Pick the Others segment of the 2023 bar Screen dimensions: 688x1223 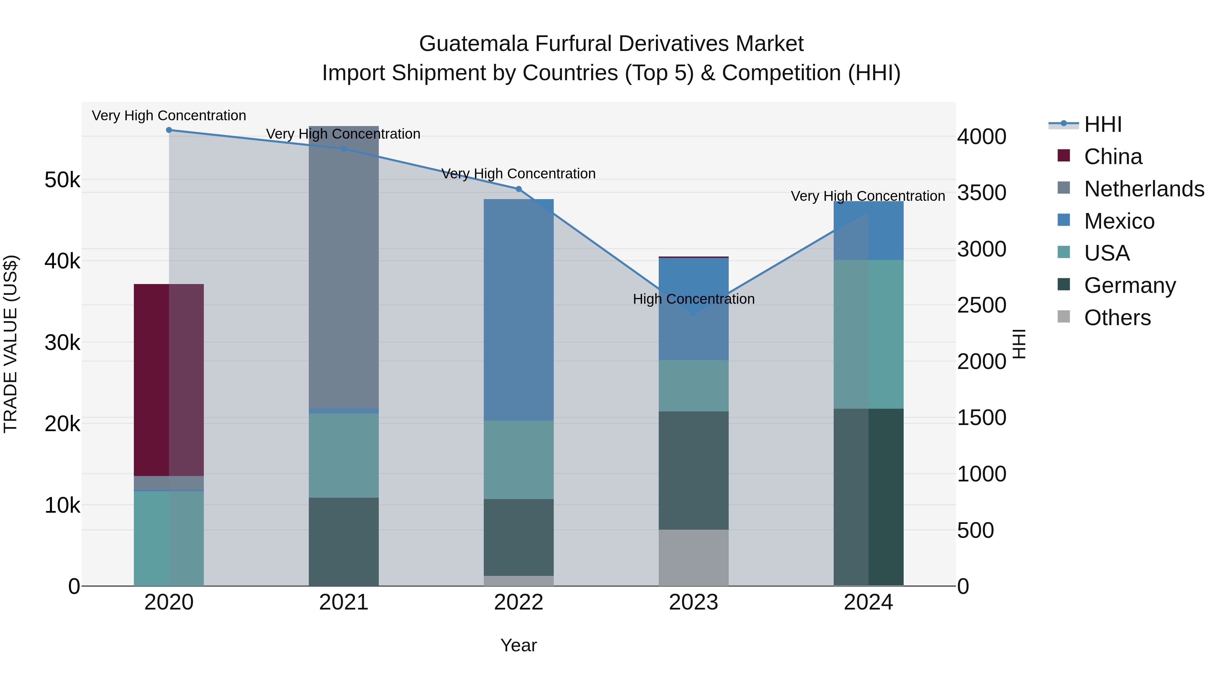click(x=693, y=558)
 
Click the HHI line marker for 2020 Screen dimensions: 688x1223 click(x=169, y=130)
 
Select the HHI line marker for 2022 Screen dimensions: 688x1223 click(x=518, y=189)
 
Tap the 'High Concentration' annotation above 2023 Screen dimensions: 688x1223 click(x=693, y=299)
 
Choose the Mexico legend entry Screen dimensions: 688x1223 click(x=1119, y=221)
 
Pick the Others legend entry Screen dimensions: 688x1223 click(x=1117, y=318)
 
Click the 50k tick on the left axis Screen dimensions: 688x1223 click(x=62, y=180)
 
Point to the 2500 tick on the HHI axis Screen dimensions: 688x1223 click(x=981, y=305)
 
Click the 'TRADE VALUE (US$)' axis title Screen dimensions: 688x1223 click(x=11, y=344)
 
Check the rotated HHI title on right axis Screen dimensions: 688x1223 click(x=1019, y=344)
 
